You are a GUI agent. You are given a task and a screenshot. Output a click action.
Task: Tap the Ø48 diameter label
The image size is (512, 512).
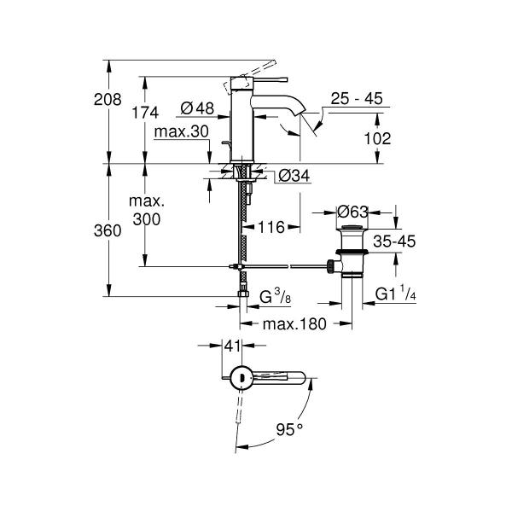pos(196,108)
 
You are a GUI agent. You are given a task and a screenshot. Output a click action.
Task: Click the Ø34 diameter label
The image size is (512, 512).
pos(293,177)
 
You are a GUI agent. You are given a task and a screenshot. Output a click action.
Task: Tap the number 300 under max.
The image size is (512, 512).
pos(146,219)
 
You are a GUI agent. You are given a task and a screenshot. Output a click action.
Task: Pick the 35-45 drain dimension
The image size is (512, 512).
pos(393,242)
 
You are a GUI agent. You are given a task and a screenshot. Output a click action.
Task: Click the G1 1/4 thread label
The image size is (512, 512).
pos(399,295)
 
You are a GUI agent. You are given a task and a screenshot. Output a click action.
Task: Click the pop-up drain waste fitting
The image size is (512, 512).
pos(350,252)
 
